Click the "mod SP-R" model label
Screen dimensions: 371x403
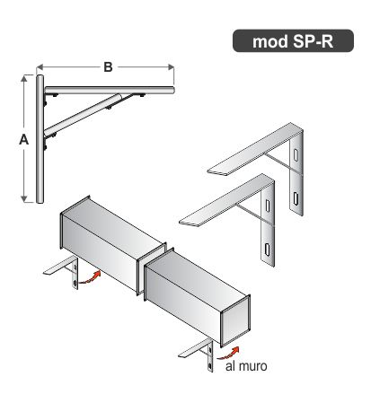pos(293,41)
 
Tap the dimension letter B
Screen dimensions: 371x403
pos(108,67)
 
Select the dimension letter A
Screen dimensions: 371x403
pos(24,139)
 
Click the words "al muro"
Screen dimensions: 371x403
pos(246,366)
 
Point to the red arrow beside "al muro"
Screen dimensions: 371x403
pos(229,354)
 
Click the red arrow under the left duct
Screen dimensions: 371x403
pos(89,277)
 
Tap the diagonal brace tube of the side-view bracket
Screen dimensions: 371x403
pos(83,115)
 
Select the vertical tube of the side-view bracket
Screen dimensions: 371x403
pos(40,139)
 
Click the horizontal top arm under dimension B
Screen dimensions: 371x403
pos(110,90)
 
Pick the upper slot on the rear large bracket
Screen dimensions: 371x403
pos(296,154)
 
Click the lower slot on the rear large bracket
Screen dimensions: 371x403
pos(296,198)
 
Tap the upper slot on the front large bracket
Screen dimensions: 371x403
pos(268,206)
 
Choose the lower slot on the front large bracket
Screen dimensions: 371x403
pos(267,250)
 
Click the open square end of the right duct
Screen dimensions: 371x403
pos(235,321)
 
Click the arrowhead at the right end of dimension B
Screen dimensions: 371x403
pos(171,67)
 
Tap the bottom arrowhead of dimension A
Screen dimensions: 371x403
pos(24,198)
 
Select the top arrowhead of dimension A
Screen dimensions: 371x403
pos(24,79)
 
